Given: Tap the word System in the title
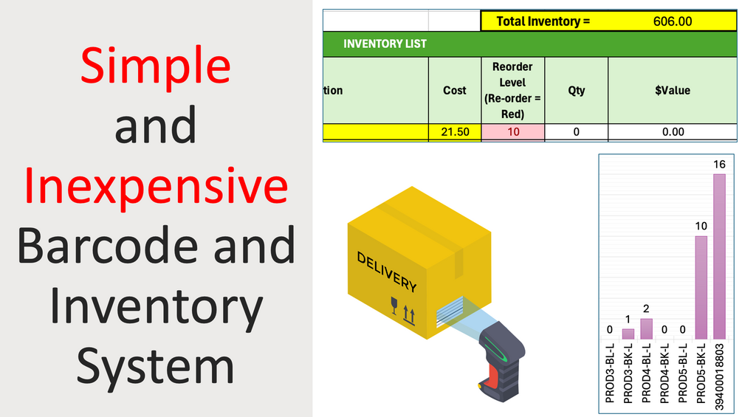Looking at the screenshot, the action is click(155, 366).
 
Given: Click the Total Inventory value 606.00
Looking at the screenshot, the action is click(672, 21).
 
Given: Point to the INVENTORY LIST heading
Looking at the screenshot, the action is click(385, 44).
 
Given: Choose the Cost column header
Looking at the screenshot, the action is click(454, 90).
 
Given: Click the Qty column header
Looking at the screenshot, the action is click(577, 90).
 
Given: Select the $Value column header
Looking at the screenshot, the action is click(673, 90).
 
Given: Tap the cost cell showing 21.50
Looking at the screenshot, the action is click(455, 132).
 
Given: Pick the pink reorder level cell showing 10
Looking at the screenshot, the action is click(513, 132).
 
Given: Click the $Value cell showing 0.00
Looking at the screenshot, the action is click(673, 132).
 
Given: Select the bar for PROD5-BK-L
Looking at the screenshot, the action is click(701, 287).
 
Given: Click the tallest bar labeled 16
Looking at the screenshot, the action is click(719, 257).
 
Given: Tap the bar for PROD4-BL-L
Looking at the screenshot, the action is click(647, 328).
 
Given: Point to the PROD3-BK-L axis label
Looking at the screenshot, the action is click(628, 373).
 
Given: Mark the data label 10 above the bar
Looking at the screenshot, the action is click(701, 226).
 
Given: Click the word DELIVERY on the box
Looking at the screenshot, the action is click(387, 272).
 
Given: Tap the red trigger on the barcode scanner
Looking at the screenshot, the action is click(492, 377).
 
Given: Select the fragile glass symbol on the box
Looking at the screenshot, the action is click(394, 306).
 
